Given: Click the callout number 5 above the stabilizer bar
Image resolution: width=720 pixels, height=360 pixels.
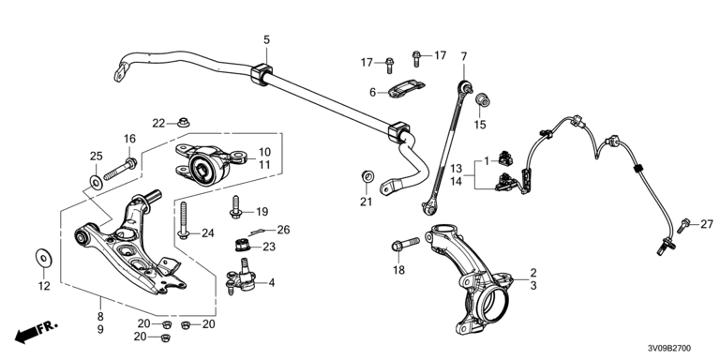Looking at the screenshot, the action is [267, 40].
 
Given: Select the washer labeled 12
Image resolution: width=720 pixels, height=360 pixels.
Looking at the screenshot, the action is [44, 258].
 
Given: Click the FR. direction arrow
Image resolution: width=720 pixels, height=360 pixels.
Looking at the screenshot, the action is [37, 332].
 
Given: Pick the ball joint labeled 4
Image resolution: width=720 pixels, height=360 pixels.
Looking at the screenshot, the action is [243, 277].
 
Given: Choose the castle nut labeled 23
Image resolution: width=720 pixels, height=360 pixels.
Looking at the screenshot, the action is [242, 246].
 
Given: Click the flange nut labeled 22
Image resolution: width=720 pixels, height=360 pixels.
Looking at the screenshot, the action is [184, 123].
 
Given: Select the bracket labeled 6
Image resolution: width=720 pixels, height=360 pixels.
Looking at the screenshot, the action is [406, 89].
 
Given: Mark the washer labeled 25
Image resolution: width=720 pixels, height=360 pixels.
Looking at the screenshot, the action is [96, 182].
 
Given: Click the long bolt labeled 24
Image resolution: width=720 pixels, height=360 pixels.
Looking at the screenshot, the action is [183, 221].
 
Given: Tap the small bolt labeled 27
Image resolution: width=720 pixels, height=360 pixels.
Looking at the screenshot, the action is [683, 225].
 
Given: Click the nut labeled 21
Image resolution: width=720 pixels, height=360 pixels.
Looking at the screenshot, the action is [367, 175].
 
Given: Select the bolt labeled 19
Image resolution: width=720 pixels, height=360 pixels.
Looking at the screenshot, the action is [235, 206].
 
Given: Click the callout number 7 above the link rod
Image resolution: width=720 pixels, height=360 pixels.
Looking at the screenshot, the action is [464, 56].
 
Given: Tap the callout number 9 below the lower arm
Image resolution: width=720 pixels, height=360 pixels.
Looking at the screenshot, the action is [100, 329].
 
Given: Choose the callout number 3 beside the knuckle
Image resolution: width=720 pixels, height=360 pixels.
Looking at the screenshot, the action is [533, 286].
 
